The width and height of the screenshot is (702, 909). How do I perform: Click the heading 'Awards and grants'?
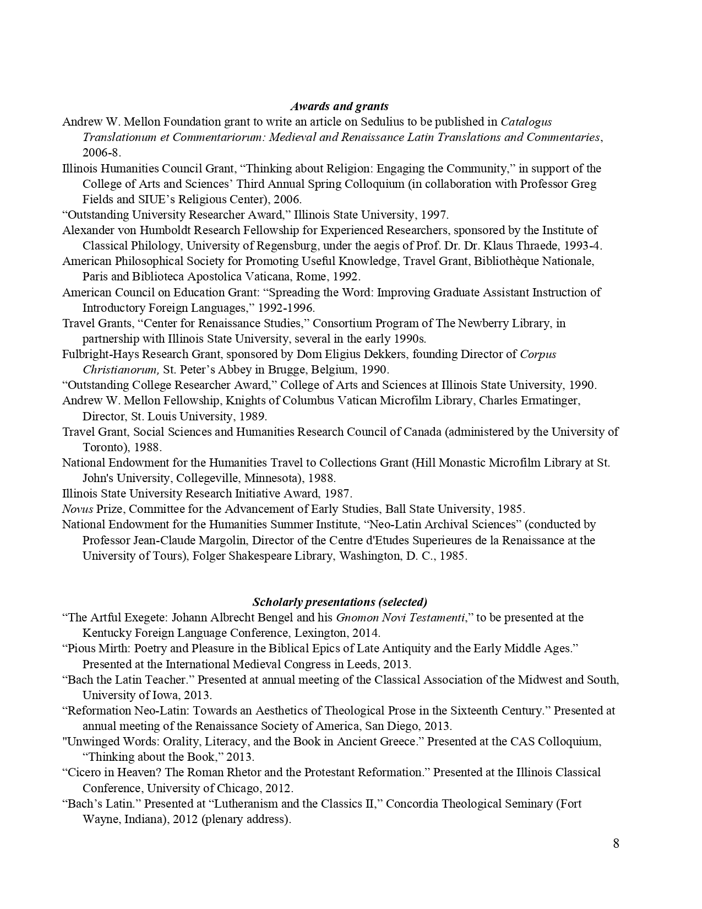click(339, 106)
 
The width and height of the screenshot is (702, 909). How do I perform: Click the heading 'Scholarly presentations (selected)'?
click(340, 602)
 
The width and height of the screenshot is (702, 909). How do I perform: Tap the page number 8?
click(616, 843)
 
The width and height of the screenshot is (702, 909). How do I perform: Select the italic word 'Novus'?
click(77, 509)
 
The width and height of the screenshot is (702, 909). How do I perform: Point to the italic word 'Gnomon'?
click(356, 618)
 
